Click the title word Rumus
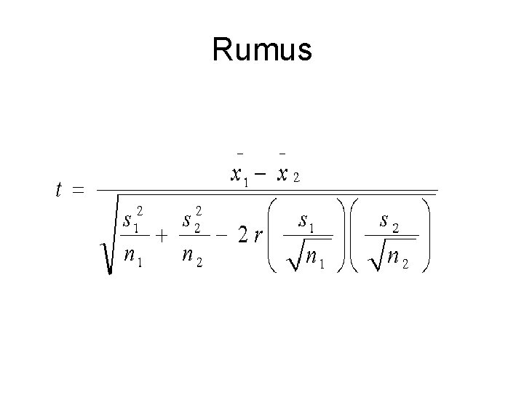coord(262,50)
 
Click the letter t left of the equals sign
coord(59,190)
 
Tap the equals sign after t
coord(78,191)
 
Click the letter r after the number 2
coord(258,237)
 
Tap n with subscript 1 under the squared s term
coord(132,256)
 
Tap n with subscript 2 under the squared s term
coord(191,256)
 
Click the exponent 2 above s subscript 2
coord(199,210)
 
